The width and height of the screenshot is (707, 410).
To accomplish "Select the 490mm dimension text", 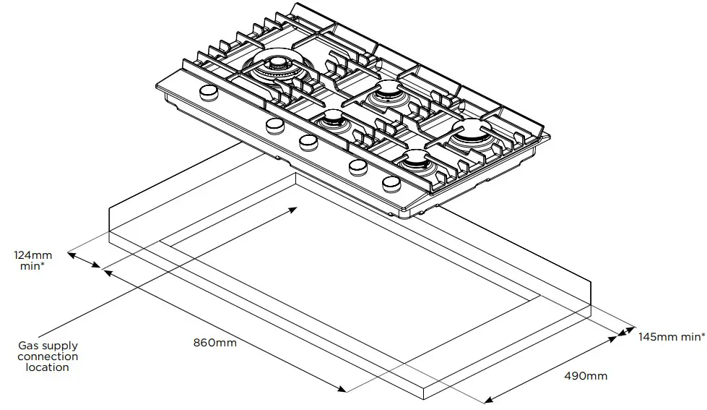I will (585, 376).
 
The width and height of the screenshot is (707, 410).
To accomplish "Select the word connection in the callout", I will (48, 356).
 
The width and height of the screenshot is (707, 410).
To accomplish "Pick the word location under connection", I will (48, 367).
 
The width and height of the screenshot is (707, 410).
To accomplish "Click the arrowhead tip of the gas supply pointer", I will (295, 208).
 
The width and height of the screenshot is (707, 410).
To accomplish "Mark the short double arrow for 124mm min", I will (85, 262).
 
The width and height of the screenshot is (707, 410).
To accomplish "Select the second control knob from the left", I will (274, 126).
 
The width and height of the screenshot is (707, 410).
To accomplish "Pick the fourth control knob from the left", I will (358, 167).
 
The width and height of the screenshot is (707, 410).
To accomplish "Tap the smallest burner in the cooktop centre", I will (333, 120).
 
